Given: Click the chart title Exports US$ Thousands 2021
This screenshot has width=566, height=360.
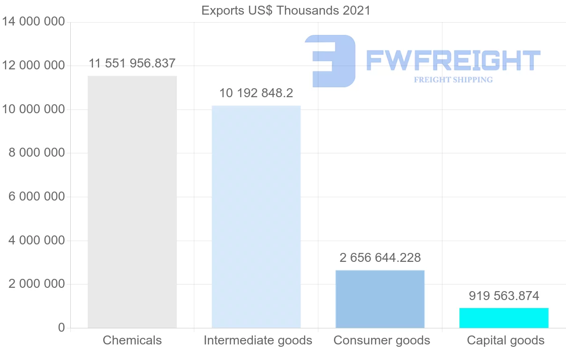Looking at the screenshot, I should click(x=286, y=10).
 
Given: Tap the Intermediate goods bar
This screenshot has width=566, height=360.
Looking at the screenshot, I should click(x=256, y=217).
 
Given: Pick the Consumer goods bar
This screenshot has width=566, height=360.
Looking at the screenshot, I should click(x=380, y=299).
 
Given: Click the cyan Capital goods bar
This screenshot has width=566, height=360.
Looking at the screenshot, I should click(x=504, y=318).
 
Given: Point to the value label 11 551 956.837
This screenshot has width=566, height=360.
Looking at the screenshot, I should click(x=132, y=63).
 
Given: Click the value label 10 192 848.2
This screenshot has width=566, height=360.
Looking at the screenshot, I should click(x=256, y=93).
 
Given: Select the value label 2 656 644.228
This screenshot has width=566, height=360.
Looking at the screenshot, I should click(x=380, y=258).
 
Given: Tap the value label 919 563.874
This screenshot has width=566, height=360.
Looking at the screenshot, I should click(x=504, y=296).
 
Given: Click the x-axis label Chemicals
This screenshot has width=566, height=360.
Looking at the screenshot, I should click(x=132, y=340).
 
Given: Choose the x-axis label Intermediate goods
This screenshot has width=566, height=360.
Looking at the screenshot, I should click(x=258, y=340).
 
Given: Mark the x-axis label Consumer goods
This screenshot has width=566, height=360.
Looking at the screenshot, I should click(x=382, y=340).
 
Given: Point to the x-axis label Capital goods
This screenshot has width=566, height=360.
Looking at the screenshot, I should click(x=506, y=340).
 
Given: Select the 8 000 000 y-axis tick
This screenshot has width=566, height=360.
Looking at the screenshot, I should click(x=37, y=153).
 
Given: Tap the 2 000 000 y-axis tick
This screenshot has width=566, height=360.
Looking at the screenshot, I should click(x=37, y=284).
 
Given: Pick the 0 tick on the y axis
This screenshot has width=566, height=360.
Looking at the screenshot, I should click(x=61, y=327).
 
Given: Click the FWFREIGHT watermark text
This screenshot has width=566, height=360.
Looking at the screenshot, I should click(x=453, y=60).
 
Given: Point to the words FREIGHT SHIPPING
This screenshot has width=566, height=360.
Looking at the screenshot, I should click(x=453, y=80).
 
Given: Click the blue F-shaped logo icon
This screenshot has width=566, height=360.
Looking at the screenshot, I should click(x=330, y=61).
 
